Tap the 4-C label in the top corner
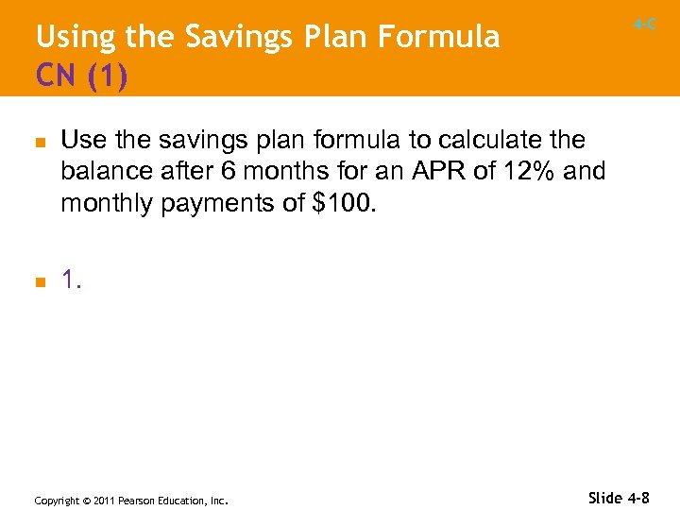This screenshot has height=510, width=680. (645, 25)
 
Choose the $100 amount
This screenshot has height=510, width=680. (345, 203)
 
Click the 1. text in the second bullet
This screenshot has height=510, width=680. (72, 279)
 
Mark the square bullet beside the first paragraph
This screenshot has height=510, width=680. (39, 142)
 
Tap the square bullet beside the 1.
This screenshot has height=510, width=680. (39, 280)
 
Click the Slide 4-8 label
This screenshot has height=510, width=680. (619, 497)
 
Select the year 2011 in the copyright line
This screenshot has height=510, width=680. (105, 501)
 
